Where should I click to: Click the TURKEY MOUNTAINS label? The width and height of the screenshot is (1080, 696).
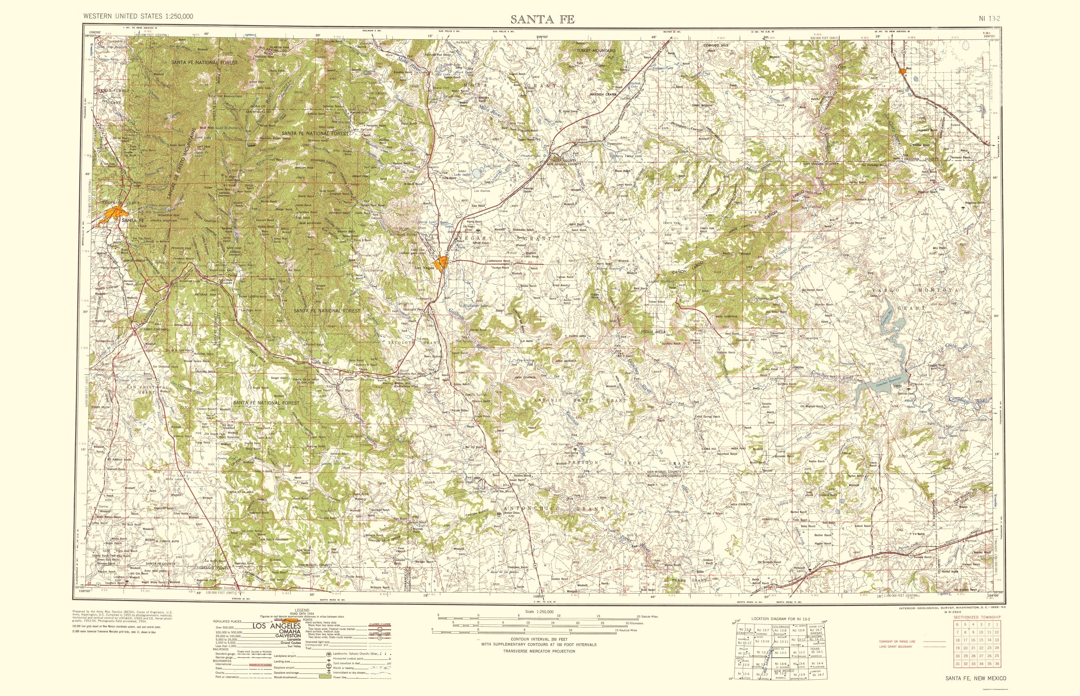tap(596, 50)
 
